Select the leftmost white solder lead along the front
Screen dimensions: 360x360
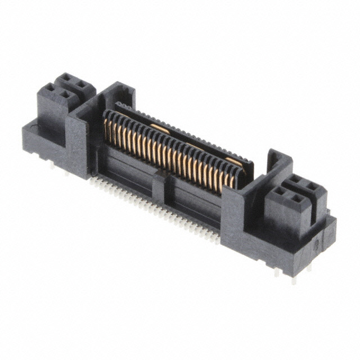(x=93, y=178)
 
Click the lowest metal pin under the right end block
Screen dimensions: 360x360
(x=293, y=278)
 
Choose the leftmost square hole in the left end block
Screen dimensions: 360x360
(x=50, y=89)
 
